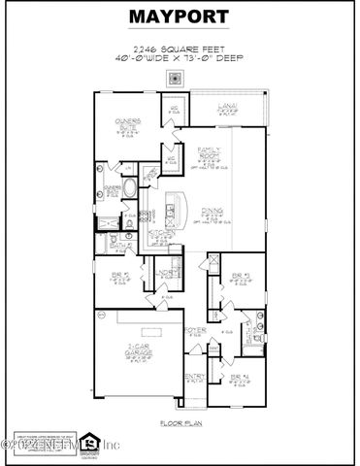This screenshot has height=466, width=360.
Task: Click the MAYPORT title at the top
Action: coord(180,17)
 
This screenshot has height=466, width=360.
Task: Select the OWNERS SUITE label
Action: coord(129,123)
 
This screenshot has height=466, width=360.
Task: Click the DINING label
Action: coord(213,211)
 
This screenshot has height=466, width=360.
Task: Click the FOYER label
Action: coord(197,331)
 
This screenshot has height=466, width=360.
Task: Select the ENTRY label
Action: coord(195,376)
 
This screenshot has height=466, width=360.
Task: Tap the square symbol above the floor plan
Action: coord(176,79)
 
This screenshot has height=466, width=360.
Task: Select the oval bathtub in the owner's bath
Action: coord(113,191)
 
